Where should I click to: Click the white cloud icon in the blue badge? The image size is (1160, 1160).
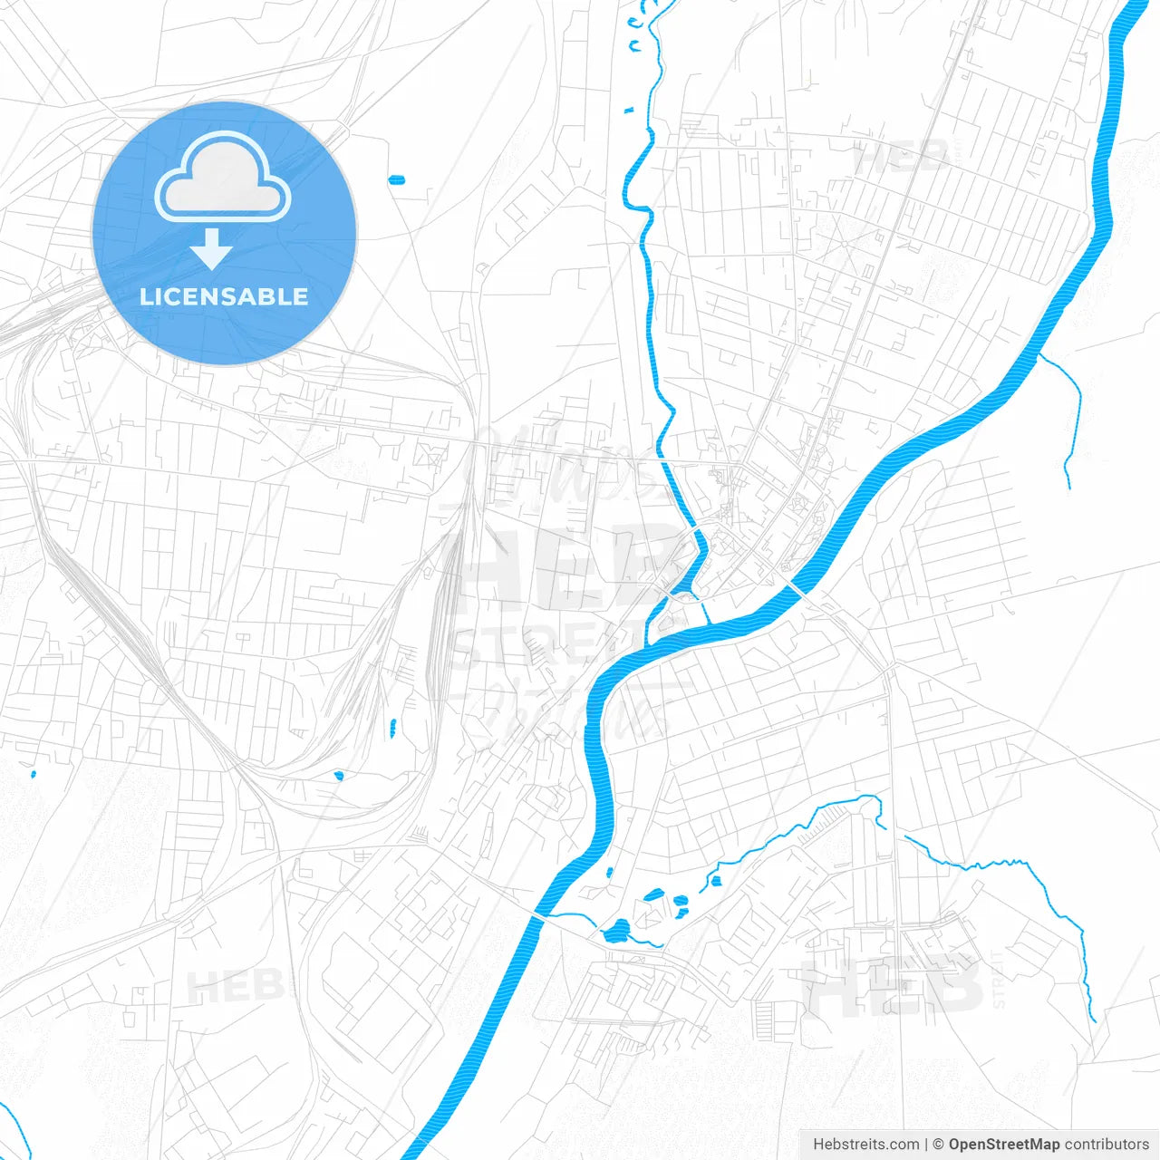pyautogui.click(x=223, y=178)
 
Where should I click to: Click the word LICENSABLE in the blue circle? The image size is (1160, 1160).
pyautogui.click(x=224, y=296)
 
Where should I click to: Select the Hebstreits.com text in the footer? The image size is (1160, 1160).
pyautogui.click(x=865, y=1145)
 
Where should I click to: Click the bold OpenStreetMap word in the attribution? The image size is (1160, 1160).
pyautogui.click(x=1003, y=1145)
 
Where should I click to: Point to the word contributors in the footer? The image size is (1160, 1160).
pyautogui.click(x=1107, y=1145)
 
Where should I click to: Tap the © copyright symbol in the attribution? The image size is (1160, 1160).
pyautogui.click(x=938, y=1145)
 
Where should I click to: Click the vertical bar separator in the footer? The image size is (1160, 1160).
pyautogui.click(x=926, y=1145)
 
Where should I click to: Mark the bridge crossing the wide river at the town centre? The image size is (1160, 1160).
pyautogui.click(x=798, y=587)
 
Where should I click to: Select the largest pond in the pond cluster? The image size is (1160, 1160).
pyautogui.click(x=618, y=931)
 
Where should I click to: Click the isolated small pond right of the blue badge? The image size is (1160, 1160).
pyautogui.click(x=396, y=179)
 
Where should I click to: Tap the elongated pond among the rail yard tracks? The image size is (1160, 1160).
pyautogui.click(x=392, y=727)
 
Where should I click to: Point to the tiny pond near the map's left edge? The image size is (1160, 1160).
pyautogui.click(x=33, y=774)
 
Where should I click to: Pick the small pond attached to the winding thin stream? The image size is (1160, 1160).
pyautogui.click(x=714, y=880)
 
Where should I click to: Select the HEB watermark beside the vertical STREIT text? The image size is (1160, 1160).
pyautogui.click(x=893, y=986)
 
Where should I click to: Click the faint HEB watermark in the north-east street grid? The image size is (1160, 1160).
pyautogui.click(x=902, y=159)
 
